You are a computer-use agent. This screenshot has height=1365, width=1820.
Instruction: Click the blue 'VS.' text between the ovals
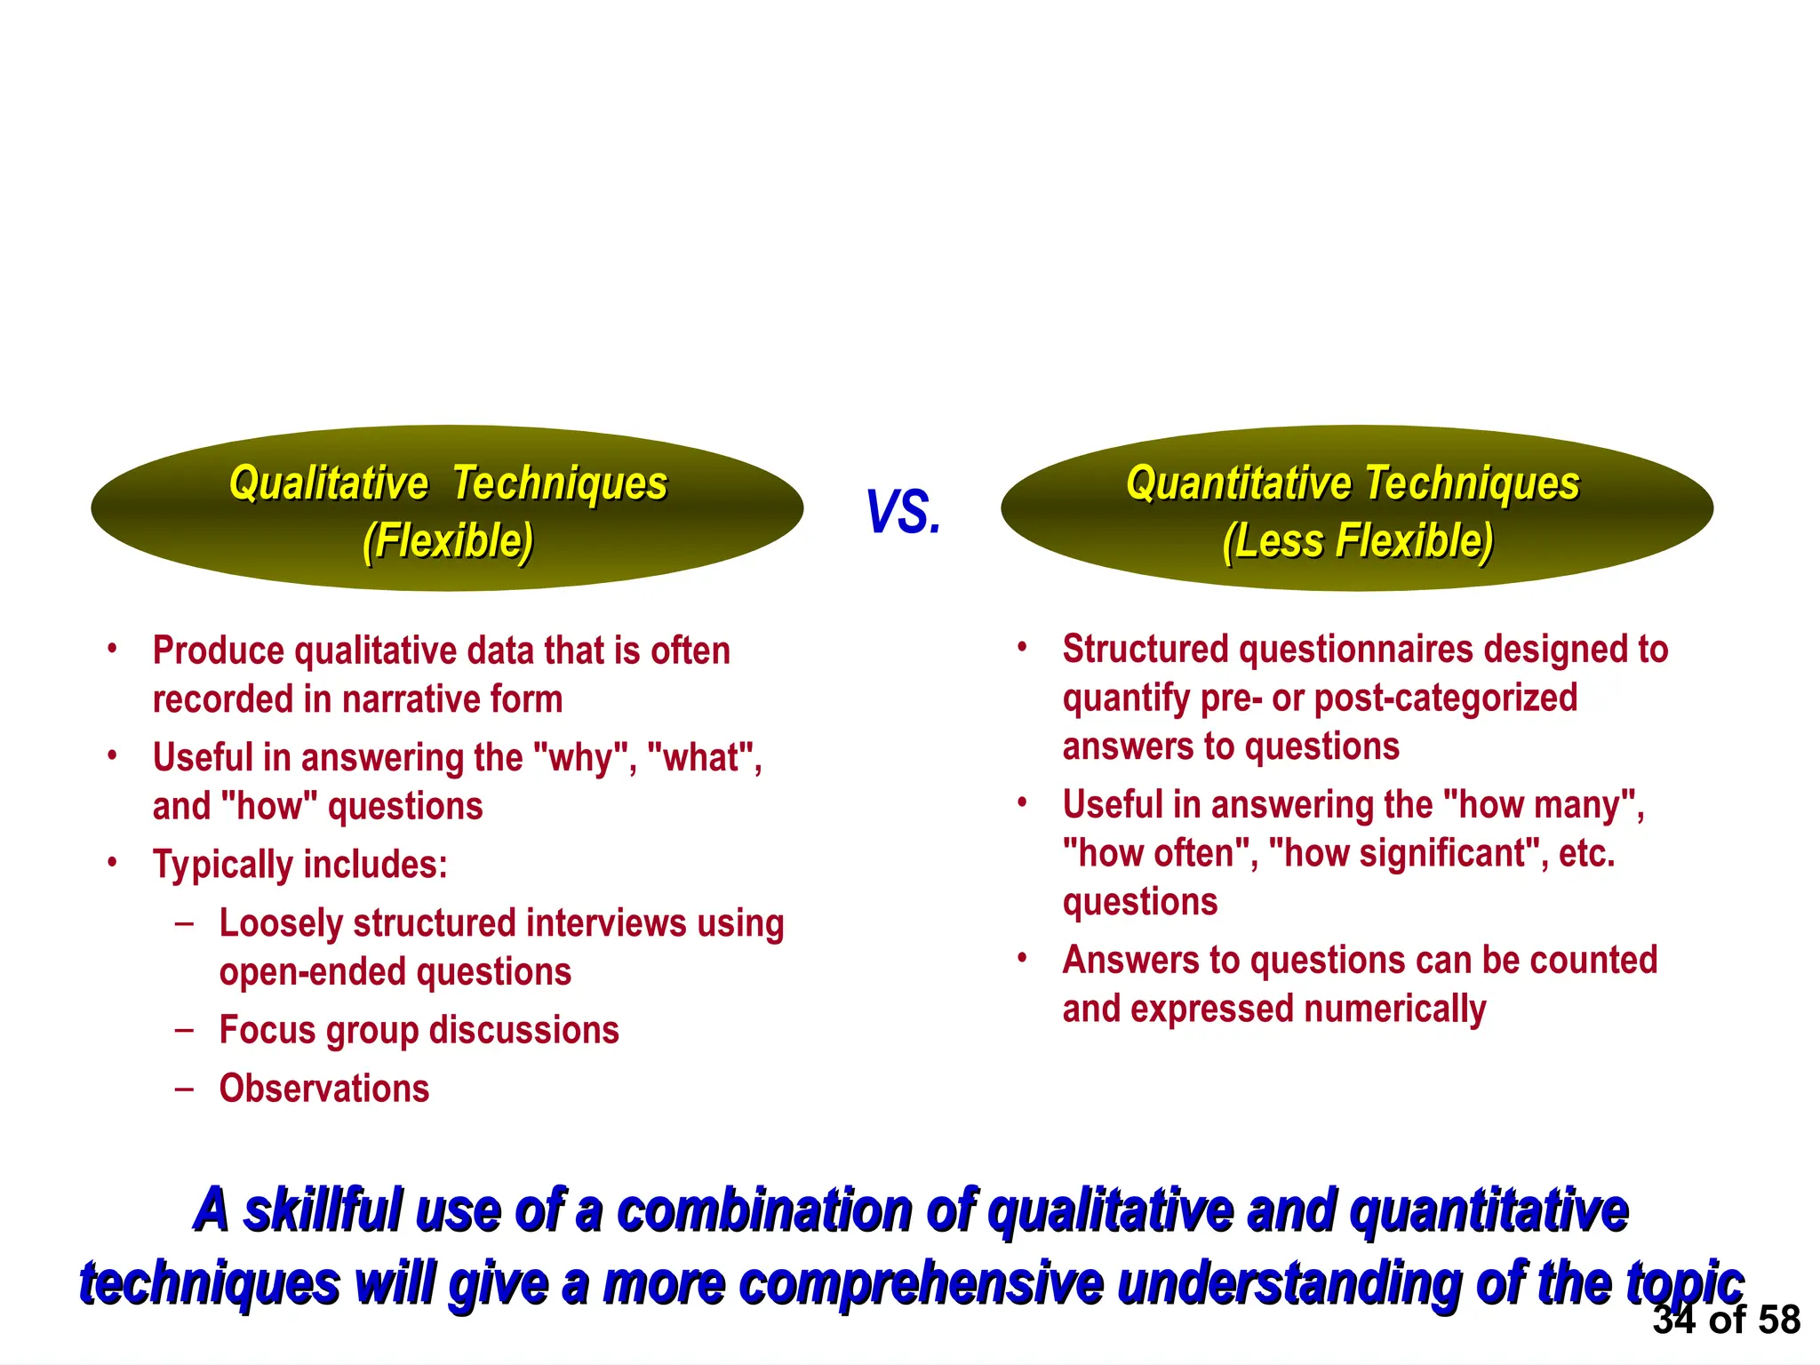point(903,512)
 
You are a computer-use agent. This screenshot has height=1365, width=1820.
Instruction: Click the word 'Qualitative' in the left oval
point(329,483)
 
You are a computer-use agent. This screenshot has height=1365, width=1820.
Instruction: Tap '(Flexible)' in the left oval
point(448,540)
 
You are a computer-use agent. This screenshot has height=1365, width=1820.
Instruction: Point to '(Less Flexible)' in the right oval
point(1358,540)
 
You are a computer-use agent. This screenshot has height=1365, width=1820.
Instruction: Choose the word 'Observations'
point(324,1089)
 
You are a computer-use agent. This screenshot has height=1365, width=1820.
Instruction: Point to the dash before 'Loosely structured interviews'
point(184,923)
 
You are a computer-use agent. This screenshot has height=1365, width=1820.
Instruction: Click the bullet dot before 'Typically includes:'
point(112,863)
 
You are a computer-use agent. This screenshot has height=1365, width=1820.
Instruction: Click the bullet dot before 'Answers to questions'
point(1022,958)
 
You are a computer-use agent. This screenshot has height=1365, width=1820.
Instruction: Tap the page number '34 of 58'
point(1726,1320)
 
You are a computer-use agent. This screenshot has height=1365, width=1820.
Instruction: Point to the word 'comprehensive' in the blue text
point(921,1284)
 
